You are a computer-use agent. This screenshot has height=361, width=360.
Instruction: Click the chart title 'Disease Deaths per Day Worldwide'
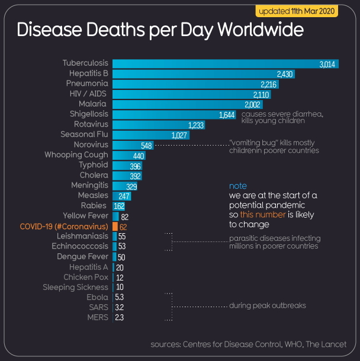click(x=160, y=31)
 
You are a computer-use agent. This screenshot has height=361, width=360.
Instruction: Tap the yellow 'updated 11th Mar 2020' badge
click(x=303, y=11)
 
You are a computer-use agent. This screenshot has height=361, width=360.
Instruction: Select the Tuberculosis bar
click(x=225, y=63)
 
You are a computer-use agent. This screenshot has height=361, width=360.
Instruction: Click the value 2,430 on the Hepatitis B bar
click(x=285, y=74)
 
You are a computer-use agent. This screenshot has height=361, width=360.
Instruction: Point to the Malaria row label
click(x=93, y=104)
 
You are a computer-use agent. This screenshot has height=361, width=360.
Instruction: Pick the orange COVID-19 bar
click(x=115, y=226)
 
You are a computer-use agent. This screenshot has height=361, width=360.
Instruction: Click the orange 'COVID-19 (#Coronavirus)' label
click(x=64, y=226)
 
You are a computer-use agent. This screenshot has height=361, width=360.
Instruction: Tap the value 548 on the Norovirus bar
click(x=147, y=145)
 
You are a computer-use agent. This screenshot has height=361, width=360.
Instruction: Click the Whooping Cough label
click(x=76, y=155)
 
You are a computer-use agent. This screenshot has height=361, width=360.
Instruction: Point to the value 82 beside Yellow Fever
click(x=124, y=217)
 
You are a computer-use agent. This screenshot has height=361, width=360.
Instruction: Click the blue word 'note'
click(x=237, y=186)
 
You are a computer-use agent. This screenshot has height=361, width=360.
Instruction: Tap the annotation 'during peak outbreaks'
click(x=268, y=307)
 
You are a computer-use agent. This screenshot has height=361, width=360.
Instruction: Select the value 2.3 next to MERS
click(x=119, y=318)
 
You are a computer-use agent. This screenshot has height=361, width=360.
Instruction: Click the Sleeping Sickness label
click(x=75, y=288)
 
